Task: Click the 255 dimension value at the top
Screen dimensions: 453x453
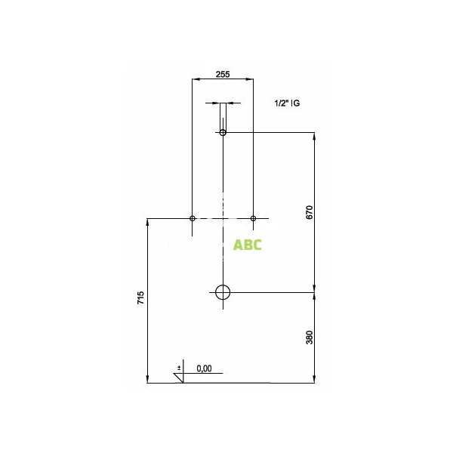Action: [x=223, y=74]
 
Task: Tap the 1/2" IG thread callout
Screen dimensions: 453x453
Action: [x=288, y=102]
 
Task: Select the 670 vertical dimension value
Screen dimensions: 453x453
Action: [x=310, y=212]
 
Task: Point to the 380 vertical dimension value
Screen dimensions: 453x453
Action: [x=310, y=337]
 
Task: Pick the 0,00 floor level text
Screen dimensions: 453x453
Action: [x=204, y=368]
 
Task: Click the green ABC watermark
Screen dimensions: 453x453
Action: [x=248, y=245]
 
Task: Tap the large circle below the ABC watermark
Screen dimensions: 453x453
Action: [x=223, y=292]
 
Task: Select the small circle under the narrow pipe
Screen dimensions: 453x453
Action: [x=223, y=133]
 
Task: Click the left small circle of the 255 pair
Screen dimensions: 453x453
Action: [x=193, y=218]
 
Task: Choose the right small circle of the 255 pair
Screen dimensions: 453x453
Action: [x=253, y=218]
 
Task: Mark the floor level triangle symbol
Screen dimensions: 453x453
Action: [x=180, y=377]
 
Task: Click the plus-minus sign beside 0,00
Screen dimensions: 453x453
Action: [x=179, y=367]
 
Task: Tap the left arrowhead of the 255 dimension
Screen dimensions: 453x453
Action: [x=196, y=79]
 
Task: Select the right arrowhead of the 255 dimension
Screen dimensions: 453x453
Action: [x=250, y=79]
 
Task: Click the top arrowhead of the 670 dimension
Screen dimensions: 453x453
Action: [x=314, y=136]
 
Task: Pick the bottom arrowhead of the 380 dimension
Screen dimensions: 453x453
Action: [x=314, y=380]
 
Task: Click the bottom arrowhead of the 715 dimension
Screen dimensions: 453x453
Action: [x=146, y=380]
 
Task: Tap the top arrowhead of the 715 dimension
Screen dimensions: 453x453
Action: [x=146, y=221]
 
